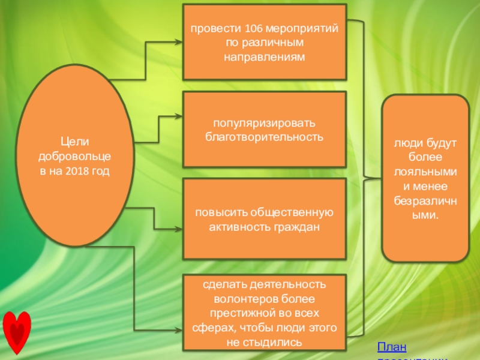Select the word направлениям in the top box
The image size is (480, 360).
click(265, 58)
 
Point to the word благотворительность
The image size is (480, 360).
click(265, 137)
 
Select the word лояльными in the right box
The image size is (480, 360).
click(425, 171)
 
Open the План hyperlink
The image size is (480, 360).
click(391, 347)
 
